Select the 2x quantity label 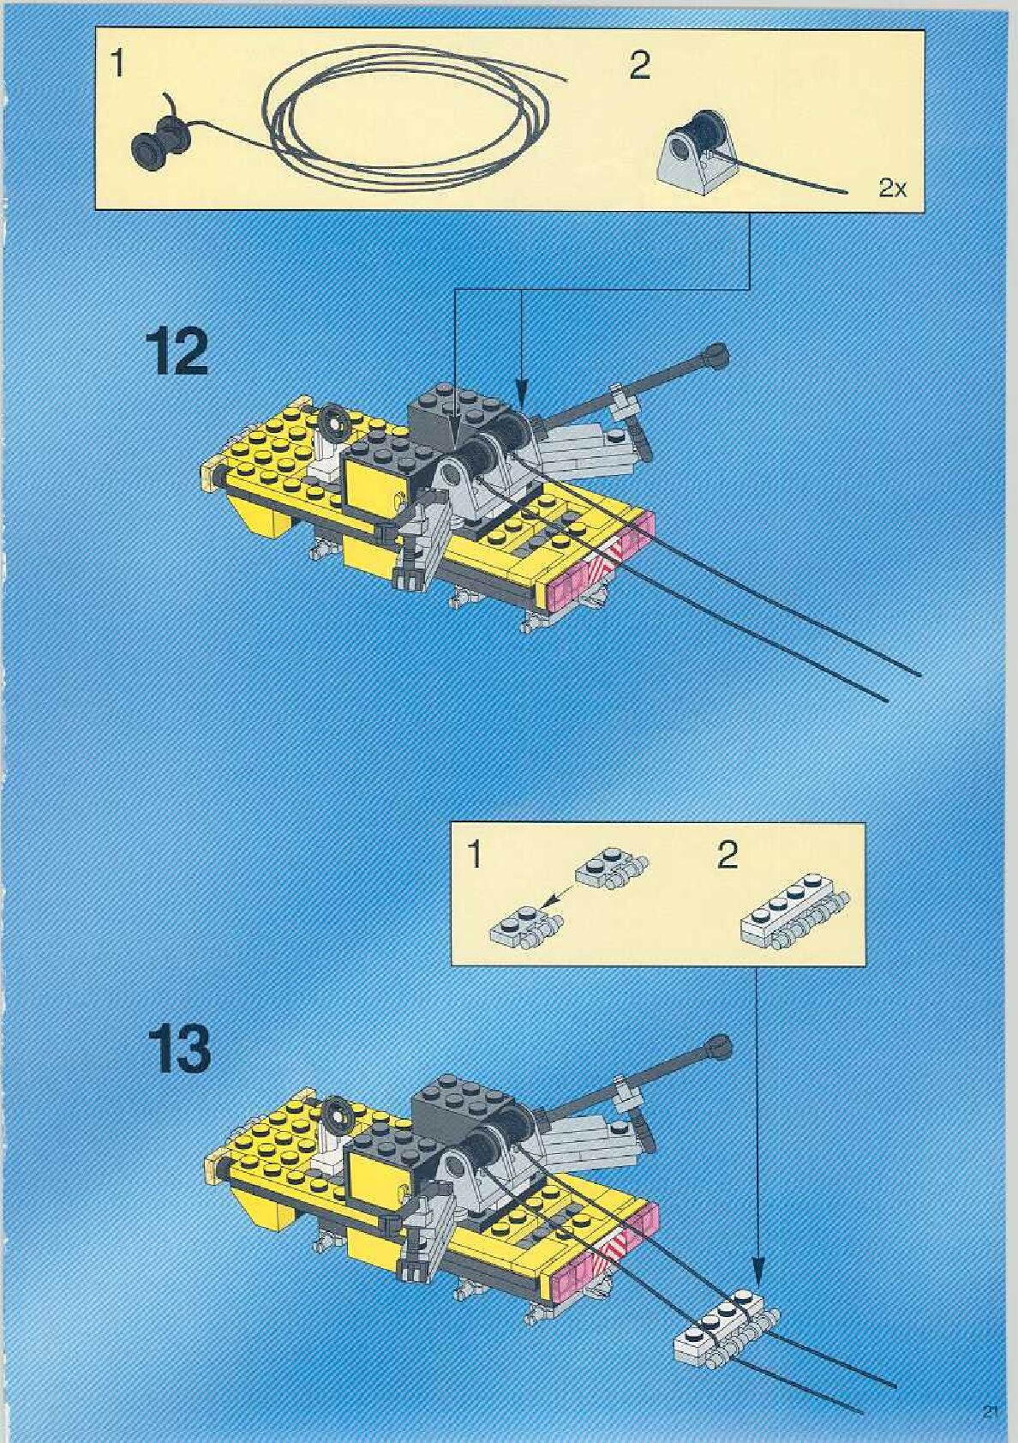tap(893, 189)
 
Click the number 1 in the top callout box tap(118, 64)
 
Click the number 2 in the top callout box tap(639, 66)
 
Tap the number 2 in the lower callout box tap(727, 855)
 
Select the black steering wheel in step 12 tap(335, 421)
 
